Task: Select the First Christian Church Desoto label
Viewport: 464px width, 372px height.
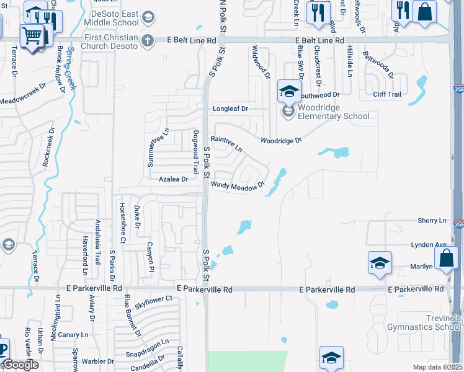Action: point(108,40)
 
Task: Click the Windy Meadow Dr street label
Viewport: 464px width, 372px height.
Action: point(238,185)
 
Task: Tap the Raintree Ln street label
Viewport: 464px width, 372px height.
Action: point(226,143)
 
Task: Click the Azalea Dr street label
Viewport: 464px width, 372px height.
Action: point(173,179)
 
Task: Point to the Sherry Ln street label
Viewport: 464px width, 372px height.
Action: point(432,221)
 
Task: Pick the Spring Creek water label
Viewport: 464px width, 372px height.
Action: point(71,68)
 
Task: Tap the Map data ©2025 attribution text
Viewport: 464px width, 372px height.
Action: point(437,367)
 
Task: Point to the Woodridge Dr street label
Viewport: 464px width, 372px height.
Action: point(280,141)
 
